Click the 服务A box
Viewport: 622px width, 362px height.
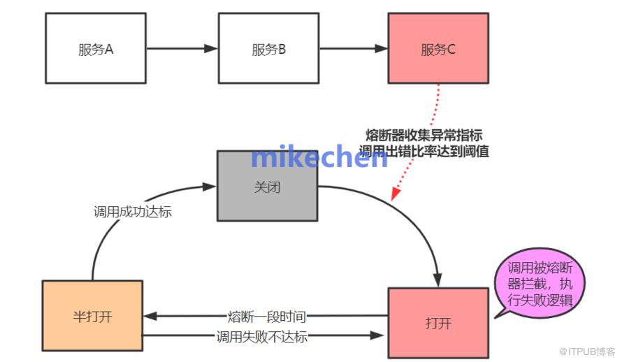(96, 48)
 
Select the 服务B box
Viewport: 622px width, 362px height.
(268, 48)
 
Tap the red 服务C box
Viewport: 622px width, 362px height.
(438, 48)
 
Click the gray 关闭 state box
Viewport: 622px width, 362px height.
(268, 186)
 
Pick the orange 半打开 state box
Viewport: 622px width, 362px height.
(92, 316)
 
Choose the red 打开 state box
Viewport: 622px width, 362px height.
(438, 323)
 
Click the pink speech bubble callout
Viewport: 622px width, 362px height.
(540, 283)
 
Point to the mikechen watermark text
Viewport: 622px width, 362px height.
(319, 157)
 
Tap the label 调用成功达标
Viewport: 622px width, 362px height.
(133, 212)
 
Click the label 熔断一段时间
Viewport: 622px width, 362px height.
(266, 317)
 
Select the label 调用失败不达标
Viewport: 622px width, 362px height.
(262, 337)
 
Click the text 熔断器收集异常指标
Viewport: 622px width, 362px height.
(424, 135)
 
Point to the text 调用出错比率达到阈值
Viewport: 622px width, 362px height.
(424, 151)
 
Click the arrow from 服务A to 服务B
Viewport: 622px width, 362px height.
(182, 48)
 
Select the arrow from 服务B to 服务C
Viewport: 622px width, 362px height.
(354, 48)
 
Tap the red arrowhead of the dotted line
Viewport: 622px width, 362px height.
(396, 193)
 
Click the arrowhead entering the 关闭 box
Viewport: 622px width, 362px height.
(210, 187)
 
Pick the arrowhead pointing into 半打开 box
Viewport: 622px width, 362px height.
(150, 316)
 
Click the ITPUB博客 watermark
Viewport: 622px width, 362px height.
(587, 352)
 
